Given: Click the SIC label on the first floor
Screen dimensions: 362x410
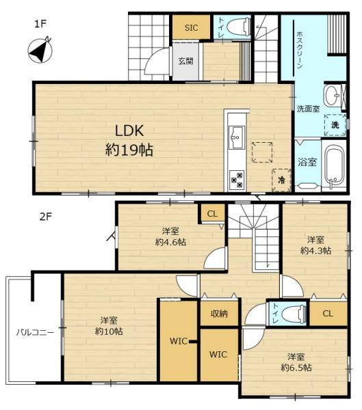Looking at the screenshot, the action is [x=191, y=28].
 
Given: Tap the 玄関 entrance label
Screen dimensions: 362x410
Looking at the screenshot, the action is [x=185, y=61].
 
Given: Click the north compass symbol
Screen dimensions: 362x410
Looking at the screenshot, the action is [x=40, y=50].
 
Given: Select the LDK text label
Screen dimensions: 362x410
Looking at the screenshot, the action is [x=129, y=131].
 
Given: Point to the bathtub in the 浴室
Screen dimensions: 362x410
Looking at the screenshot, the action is [x=334, y=165].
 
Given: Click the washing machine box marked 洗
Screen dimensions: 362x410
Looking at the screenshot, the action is [x=335, y=125].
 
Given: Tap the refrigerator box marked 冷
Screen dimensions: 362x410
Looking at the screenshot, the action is [x=281, y=180].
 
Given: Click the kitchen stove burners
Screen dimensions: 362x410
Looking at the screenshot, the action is [x=237, y=180].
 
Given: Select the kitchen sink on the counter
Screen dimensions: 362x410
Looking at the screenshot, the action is [x=237, y=137].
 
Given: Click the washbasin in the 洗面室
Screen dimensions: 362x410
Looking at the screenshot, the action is [x=332, y=96].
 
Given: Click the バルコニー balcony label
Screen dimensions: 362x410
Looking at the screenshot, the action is [x=35, y=332].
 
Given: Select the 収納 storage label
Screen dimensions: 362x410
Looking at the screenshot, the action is [x=219, y=313].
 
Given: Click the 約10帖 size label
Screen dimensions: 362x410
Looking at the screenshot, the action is [x=109, y=331].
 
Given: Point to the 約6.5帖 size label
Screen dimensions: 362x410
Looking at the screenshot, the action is [x=296, y=368].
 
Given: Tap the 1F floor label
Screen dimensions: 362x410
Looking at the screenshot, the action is [x=40, y=24].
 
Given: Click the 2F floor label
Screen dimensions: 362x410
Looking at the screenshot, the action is [x=46, y=217].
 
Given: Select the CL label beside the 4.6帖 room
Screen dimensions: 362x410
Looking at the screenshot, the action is [x=212, y=214].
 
